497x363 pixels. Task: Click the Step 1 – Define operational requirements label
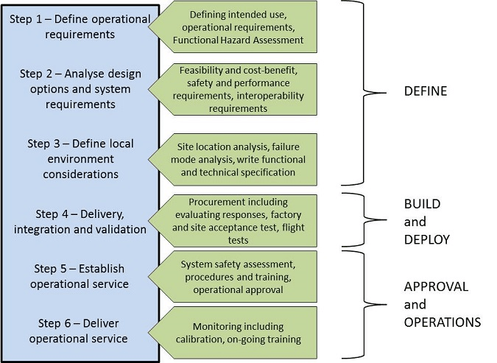pyautogui.click(x=80, y=26)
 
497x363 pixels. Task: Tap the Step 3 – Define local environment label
pyautogui.click(x=80, y=158)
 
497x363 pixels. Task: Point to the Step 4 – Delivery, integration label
pyautogui.click(x=80, y=222)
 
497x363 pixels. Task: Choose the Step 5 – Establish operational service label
pyautogui.click(x=80, y=276)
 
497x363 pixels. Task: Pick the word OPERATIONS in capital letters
pyautogui.click(x=442, y=322)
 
